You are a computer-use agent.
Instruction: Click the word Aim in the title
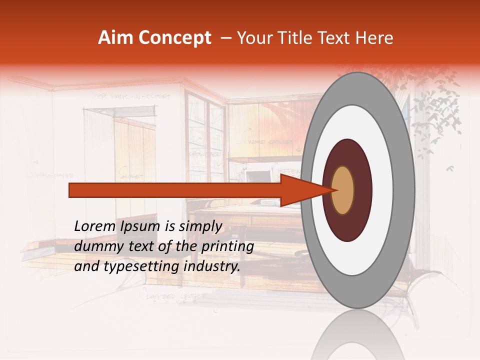[x=116, y=38]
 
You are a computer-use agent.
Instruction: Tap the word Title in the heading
[x=290, y=38]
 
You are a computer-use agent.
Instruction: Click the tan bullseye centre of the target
[x=343, y=190]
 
